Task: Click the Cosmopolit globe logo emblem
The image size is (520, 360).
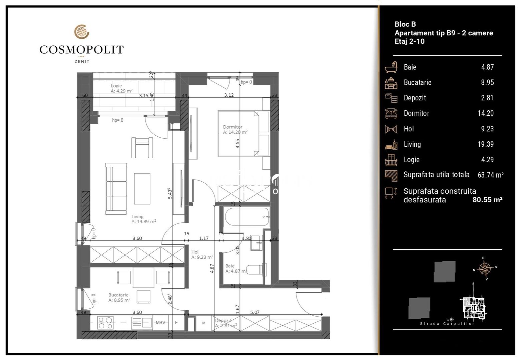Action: (x=82, y=32)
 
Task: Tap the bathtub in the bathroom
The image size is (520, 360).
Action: (x=247, y=217)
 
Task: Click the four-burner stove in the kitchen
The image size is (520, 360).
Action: (x=105, y=322)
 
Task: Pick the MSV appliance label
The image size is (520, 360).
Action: (x=160, y=322)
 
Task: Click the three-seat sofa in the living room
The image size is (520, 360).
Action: (x=116, y=189)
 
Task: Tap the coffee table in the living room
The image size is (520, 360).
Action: (x=142, y=189)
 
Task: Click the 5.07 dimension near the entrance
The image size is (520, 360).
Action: (x=255, y=312)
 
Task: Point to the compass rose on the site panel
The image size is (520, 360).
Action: (x=484, y=268)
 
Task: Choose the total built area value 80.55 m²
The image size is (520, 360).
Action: (x=487, y=200)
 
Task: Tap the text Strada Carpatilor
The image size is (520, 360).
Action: (x=447, y=324)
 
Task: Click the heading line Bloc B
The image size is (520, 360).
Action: (x=405, y=24)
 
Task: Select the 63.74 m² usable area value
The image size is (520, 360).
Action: (x=490, y=175)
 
